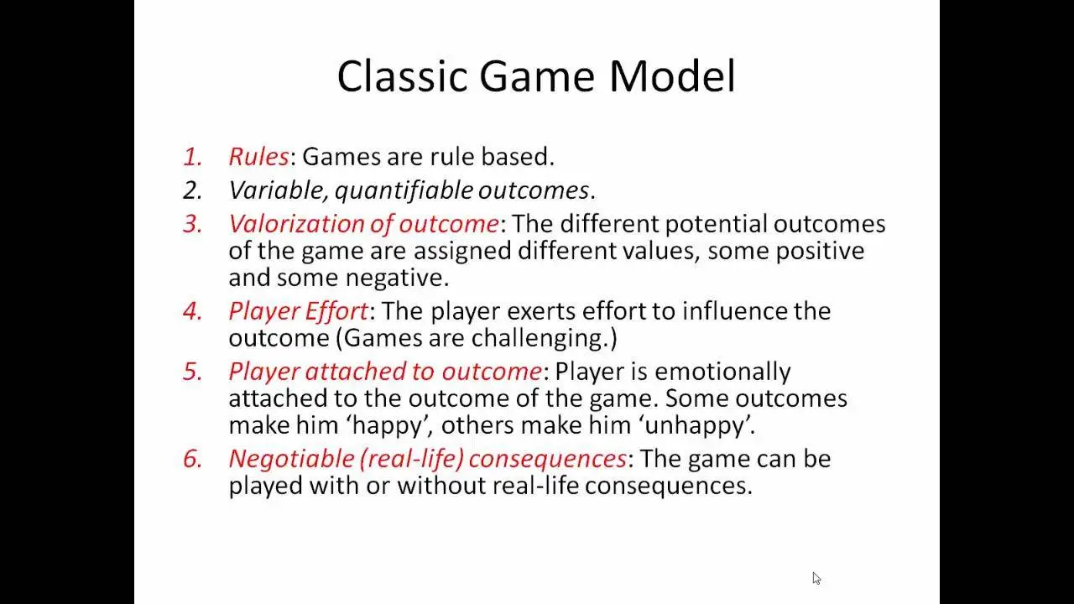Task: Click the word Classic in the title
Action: point(402,75)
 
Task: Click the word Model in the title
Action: point(672,75)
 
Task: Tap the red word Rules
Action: point(259,157)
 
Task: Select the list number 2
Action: point(192,190)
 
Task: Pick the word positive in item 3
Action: point(820,252)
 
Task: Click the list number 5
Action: point(192,372)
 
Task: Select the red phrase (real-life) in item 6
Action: point(411,459)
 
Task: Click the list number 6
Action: point(192,459)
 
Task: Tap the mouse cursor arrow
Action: point(816,578)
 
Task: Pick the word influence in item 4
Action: point(734,311)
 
